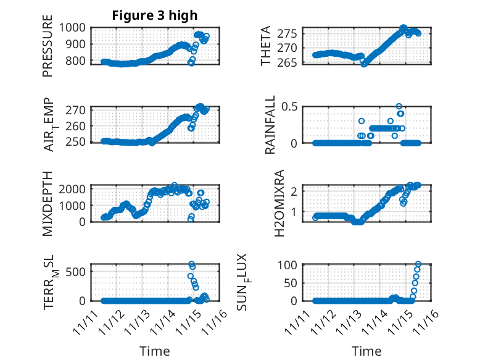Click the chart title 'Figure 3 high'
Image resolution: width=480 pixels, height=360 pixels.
154,15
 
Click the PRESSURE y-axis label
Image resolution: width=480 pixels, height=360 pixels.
48,50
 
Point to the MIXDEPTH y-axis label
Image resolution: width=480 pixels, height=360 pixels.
48,203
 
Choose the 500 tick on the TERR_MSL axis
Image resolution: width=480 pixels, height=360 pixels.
80,270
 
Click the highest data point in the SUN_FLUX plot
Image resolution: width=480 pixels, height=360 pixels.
418,264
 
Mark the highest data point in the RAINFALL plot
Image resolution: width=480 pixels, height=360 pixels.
399,107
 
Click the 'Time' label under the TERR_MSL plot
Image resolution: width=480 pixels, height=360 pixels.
154,351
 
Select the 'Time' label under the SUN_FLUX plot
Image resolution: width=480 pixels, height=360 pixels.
366,351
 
